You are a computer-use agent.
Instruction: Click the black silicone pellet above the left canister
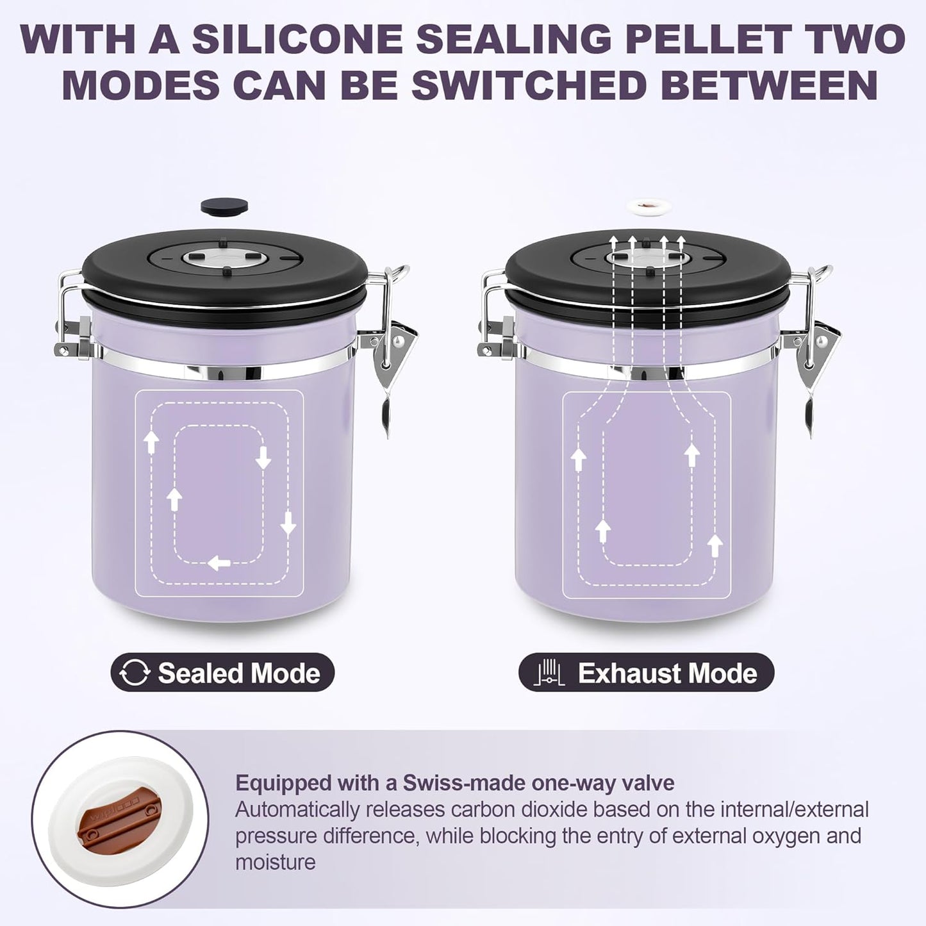(x=224, y=206)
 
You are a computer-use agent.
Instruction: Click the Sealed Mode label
(x=238, y=673)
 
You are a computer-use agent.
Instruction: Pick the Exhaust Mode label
(x=667, y=674)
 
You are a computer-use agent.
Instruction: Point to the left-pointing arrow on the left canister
(x=219, y=563)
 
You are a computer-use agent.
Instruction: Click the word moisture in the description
(x=276, y=862)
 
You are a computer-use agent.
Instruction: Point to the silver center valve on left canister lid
(x=224, y=258)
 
